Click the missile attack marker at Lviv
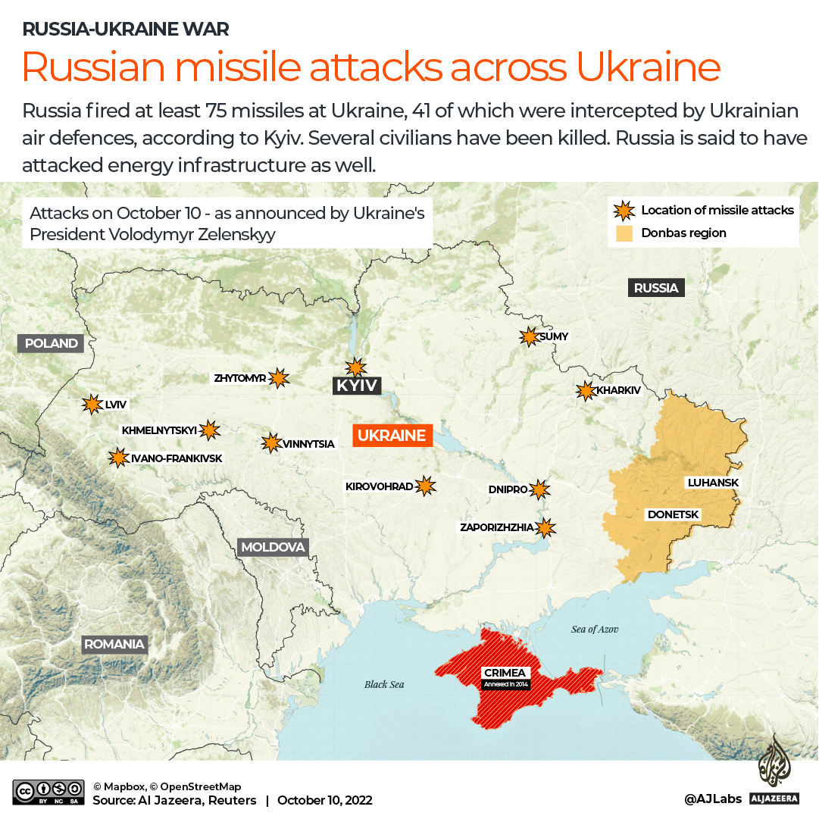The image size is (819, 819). click(92, 405)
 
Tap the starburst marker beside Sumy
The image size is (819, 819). click(528, 337)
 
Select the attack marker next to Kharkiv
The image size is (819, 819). click(586, 391)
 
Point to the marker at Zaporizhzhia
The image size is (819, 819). click(545, 527)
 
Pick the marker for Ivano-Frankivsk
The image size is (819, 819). click(118, 458)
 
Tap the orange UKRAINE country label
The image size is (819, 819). click(392, 436)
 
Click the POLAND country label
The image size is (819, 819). click(52, 343)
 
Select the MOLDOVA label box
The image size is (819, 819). click(273, 547)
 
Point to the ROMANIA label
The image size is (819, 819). click(114, 645)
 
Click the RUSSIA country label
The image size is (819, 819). click(656, 288)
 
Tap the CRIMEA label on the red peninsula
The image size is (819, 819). click(505, 673)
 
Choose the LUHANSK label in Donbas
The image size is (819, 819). click(712, 483)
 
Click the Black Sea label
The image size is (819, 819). click(384, 684)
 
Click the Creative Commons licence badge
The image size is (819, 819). click(48, 792)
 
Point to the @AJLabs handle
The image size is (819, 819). click(712, 799)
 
